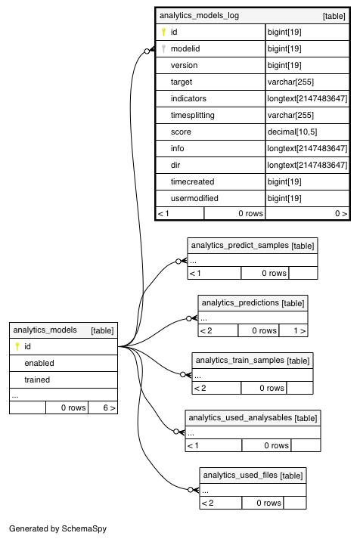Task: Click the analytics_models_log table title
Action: point(199,15)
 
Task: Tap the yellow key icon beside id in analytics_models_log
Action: point(163,33)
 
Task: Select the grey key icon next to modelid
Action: point(163,49)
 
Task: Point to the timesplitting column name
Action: point(193,115)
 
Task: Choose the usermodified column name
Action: point(194,198)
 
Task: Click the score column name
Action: point(181,132)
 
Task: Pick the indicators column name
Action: point(188,99)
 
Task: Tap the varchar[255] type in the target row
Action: point(290,82)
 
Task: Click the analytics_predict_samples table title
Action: point(240,246)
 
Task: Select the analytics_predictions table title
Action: point(241,303)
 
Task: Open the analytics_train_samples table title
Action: point(240,361)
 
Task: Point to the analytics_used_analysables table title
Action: point(241,417)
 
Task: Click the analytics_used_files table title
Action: point(241,475)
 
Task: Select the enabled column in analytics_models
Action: point(39,364)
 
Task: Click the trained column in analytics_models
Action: point(37,379)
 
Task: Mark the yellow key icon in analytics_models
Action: point(17,346)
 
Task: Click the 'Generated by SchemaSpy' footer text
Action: point(57,528)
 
